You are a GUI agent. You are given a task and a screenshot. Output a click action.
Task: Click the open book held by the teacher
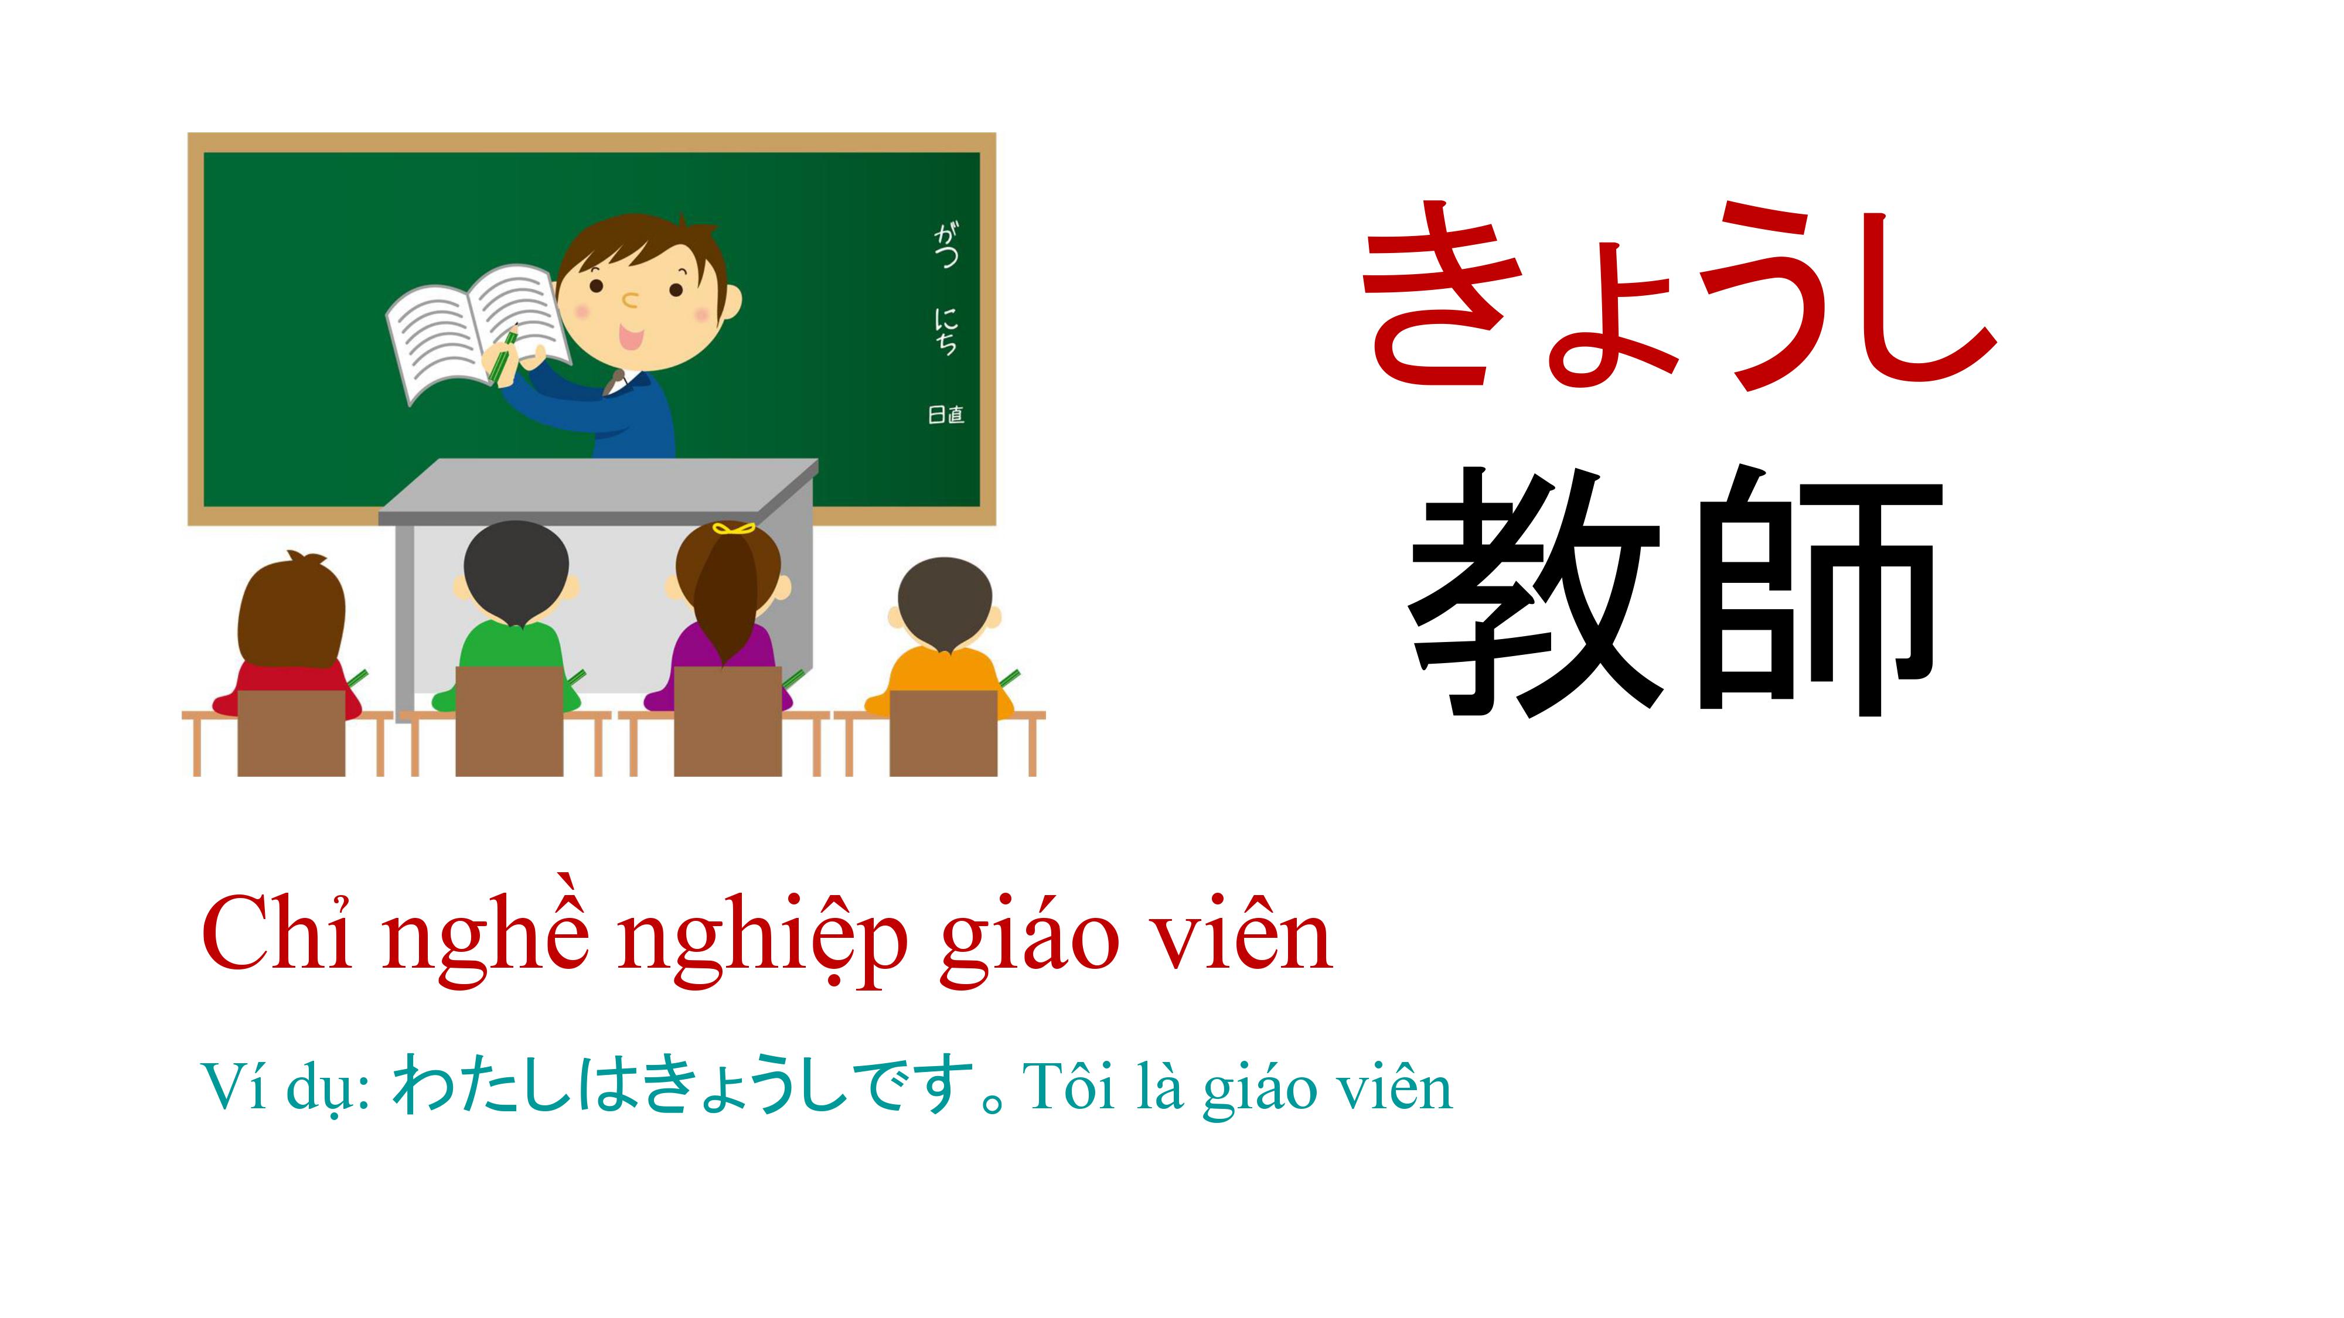pos(478,333)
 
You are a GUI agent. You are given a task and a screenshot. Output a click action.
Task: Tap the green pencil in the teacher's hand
pos(502,356)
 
